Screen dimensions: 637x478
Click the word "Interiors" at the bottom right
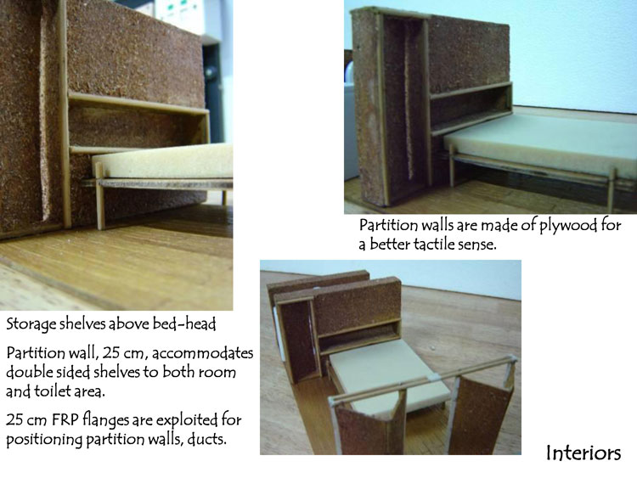point(583,453)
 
